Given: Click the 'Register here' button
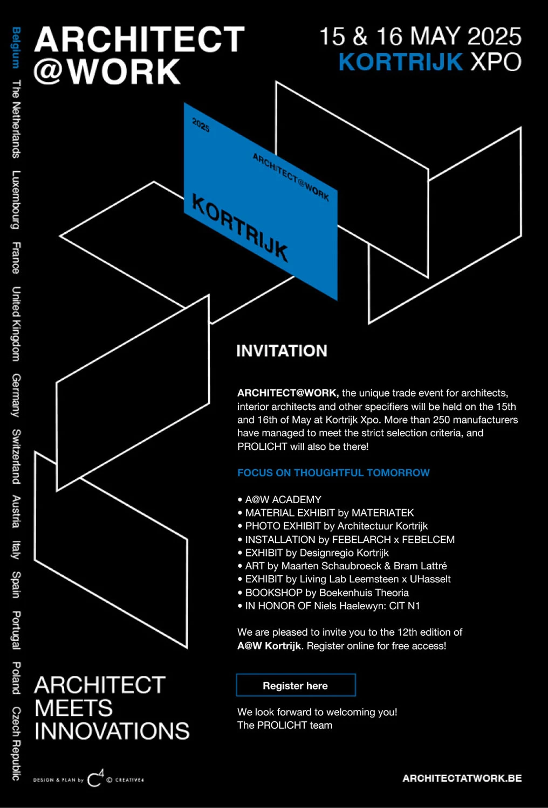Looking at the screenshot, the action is click(x=296, y=685).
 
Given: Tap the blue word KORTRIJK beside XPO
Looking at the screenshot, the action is click(x=401, y=62).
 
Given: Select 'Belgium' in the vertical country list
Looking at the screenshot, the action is click(x=16, y=47).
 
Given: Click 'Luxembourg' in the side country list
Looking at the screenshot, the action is click(x=16, y=200).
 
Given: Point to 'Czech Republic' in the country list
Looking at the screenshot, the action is click(x=16, y=743).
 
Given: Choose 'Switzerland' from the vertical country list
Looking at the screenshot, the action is click(x=16, y=456).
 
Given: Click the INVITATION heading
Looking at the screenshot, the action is click(x=282, y=351).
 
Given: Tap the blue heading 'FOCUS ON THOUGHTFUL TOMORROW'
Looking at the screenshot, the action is click(x=333, y=472).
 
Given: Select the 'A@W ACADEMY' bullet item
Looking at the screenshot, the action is click(x=279, y=499).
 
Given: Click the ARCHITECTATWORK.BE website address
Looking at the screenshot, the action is click(x=462, y=778).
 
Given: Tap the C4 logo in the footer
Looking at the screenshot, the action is click(x=96, y=778).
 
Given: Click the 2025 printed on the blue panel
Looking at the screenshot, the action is click(x=201, y=125).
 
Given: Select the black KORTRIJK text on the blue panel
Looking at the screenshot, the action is click(x=239, y=228).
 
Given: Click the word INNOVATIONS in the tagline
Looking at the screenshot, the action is click(x=112, y=731).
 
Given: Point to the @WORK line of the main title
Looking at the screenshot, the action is click(x=107, y=72).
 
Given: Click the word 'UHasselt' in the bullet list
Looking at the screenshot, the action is click(x=430, y=579).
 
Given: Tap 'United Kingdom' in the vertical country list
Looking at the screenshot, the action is click(x=16, y=324).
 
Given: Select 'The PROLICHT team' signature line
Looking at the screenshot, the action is click(x=285, y=725).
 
